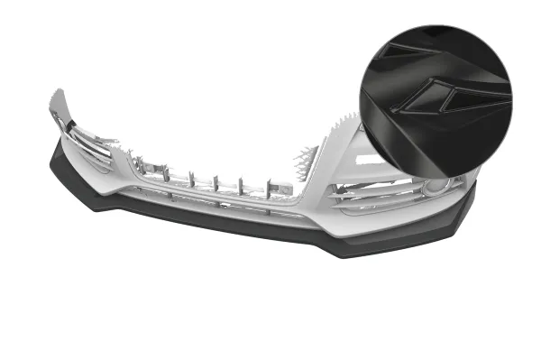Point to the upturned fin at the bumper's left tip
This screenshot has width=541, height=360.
click(60, 105)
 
